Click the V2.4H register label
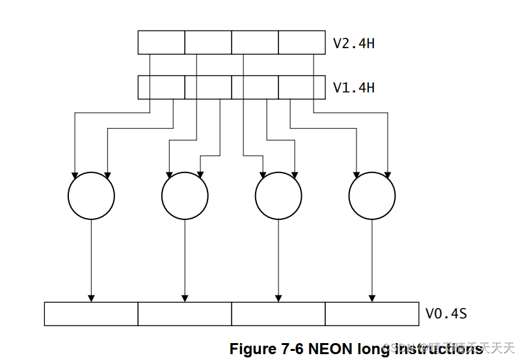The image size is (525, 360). (353, 44)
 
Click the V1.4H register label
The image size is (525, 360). (353, 87)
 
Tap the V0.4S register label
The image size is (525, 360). (446, 314)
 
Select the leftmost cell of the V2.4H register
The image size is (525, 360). (161, 42)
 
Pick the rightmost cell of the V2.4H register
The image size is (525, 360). (302, 42)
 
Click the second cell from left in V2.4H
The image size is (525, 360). (208, 42)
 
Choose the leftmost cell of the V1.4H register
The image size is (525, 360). (161, 87)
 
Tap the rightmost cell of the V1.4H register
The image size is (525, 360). (302, 87)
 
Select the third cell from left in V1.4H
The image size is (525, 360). (255, 87)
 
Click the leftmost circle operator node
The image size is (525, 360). (91, 196)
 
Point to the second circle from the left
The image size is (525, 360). (185, 196)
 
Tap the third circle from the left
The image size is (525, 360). (278, 196)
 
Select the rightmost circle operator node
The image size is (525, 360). (372, 196)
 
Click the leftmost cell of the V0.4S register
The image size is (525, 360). (91, 314)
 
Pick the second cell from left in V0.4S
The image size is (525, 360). (185, 314)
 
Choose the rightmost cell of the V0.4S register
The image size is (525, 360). (372, 314)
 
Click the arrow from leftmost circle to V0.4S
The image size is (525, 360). (91, 260)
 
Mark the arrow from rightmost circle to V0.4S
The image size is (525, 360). (372, 260)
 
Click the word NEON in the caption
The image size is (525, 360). (331, 348)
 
